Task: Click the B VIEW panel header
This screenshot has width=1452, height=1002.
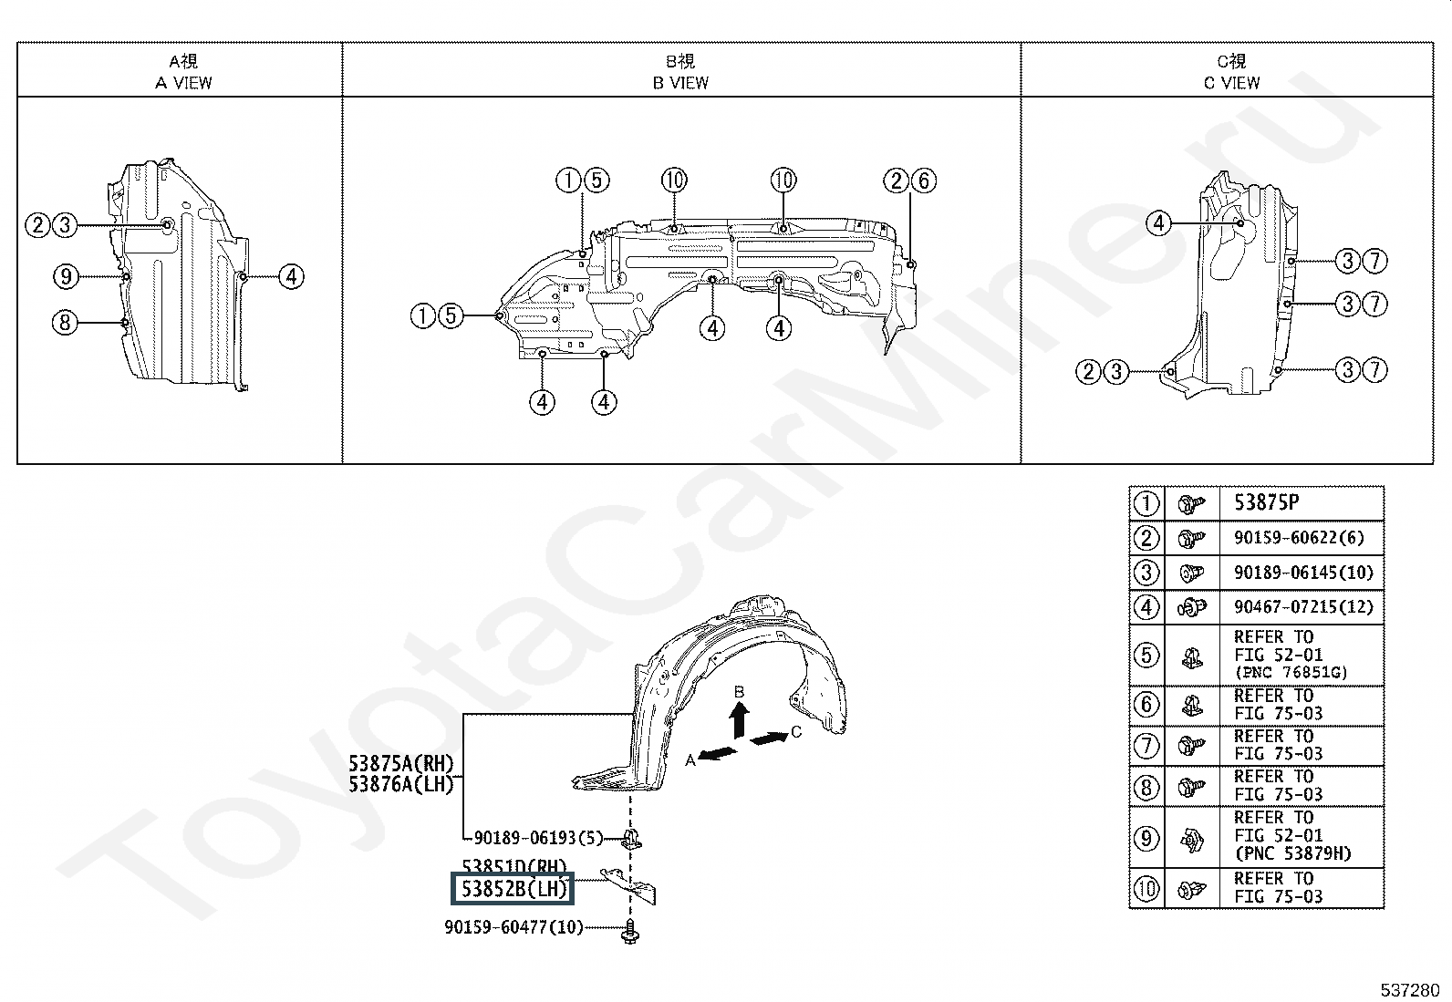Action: click(x=680, y=72)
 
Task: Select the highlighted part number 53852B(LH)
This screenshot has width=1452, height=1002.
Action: click(x=513, y=889)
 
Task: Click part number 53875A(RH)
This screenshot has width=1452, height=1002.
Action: click(x=400, y=763)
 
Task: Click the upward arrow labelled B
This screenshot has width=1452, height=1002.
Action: click(x=740, y=715)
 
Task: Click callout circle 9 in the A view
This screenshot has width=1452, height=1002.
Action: click(x=64, y=276)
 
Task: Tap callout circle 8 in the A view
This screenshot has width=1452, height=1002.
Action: click(x=64, y=322)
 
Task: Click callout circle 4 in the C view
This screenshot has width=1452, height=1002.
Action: click(x=1158, y=223)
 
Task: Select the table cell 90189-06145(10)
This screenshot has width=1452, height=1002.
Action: click(x=1302, y=573)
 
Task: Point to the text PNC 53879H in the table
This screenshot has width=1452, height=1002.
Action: click(x=1293, y=854)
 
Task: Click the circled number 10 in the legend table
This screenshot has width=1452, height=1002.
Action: click(x=1146, y=887)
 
